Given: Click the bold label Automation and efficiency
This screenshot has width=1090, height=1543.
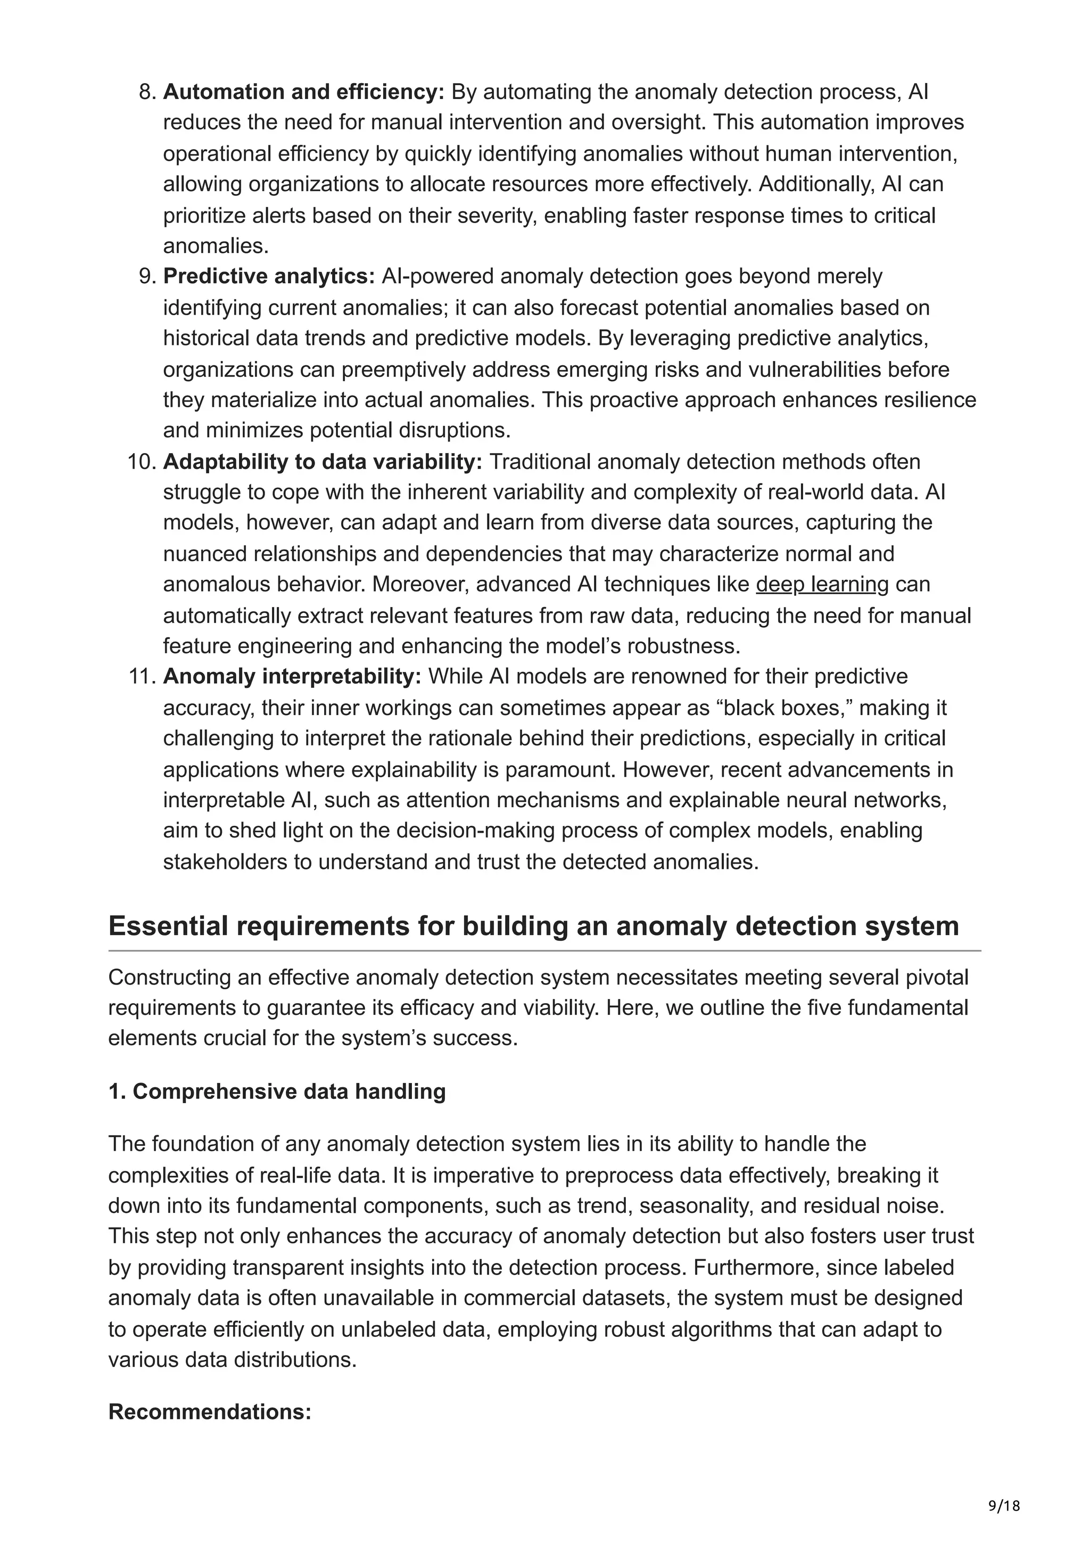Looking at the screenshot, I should point(303,92).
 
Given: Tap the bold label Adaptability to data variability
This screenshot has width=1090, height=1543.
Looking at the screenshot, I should point(323,462).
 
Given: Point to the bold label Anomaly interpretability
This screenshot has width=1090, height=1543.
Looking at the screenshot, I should point(292,676).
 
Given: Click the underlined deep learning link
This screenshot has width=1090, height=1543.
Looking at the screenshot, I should point(822,584).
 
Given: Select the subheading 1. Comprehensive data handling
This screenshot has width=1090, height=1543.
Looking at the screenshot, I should point(277,1091).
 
